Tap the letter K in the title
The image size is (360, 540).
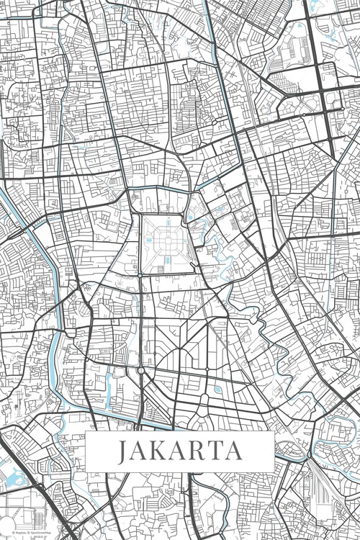tap(160, 452)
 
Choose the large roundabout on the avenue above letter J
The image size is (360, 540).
tap(140, 370)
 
